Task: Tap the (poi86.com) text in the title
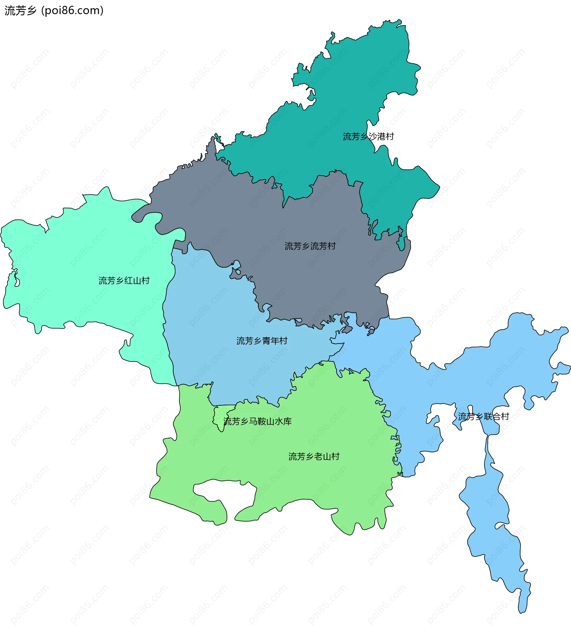[73, 11]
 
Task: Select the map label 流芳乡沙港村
[368, 137]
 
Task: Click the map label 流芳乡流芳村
[310, 246]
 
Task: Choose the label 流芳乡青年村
[262, 341]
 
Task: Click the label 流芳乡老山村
[313, 456]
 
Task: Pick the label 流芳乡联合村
[483, 417]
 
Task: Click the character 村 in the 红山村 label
[145, 281]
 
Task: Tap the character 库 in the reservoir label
[288, 421]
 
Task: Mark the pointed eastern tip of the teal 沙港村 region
[439, 188]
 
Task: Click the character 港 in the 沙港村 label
[381, 137]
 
